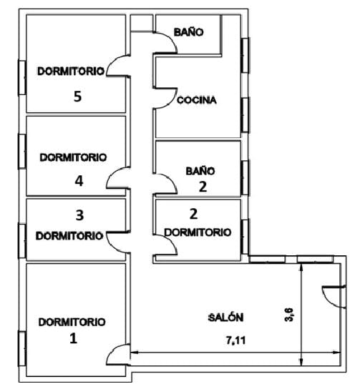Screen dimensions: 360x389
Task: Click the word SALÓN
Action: pos(225,317)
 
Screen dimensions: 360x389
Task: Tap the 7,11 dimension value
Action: pos(236,340)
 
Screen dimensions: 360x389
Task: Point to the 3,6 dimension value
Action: pos(289,315)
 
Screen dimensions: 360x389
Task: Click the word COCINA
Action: pos(197,100)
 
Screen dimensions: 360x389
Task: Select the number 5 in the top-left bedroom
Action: pos(78,97)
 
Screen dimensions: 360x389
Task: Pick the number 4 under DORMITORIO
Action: pos(79,181)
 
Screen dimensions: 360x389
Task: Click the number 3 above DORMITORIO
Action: pos(79,215)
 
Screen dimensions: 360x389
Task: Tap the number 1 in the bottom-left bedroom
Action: pos(73,338)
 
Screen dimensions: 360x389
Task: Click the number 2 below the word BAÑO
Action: pos(203,187)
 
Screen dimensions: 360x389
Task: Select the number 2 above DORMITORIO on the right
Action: pos(193,214)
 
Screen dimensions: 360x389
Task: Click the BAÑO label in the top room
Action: pos(189,32)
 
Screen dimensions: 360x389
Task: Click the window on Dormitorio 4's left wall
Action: pos(22,152)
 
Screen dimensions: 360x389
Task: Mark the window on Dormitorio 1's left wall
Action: pos(22,348)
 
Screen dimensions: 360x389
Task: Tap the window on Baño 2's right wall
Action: pos(245,177)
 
